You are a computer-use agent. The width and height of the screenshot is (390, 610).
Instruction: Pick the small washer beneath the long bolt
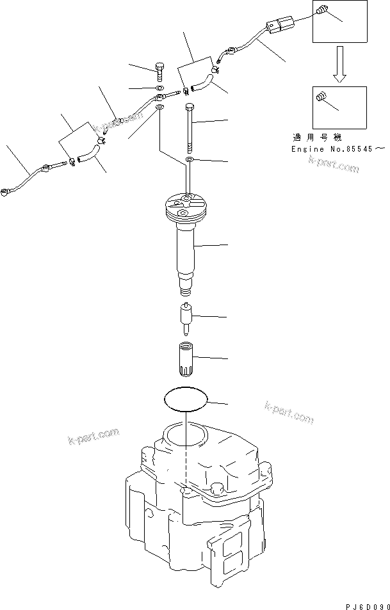(x=190, y=159)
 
